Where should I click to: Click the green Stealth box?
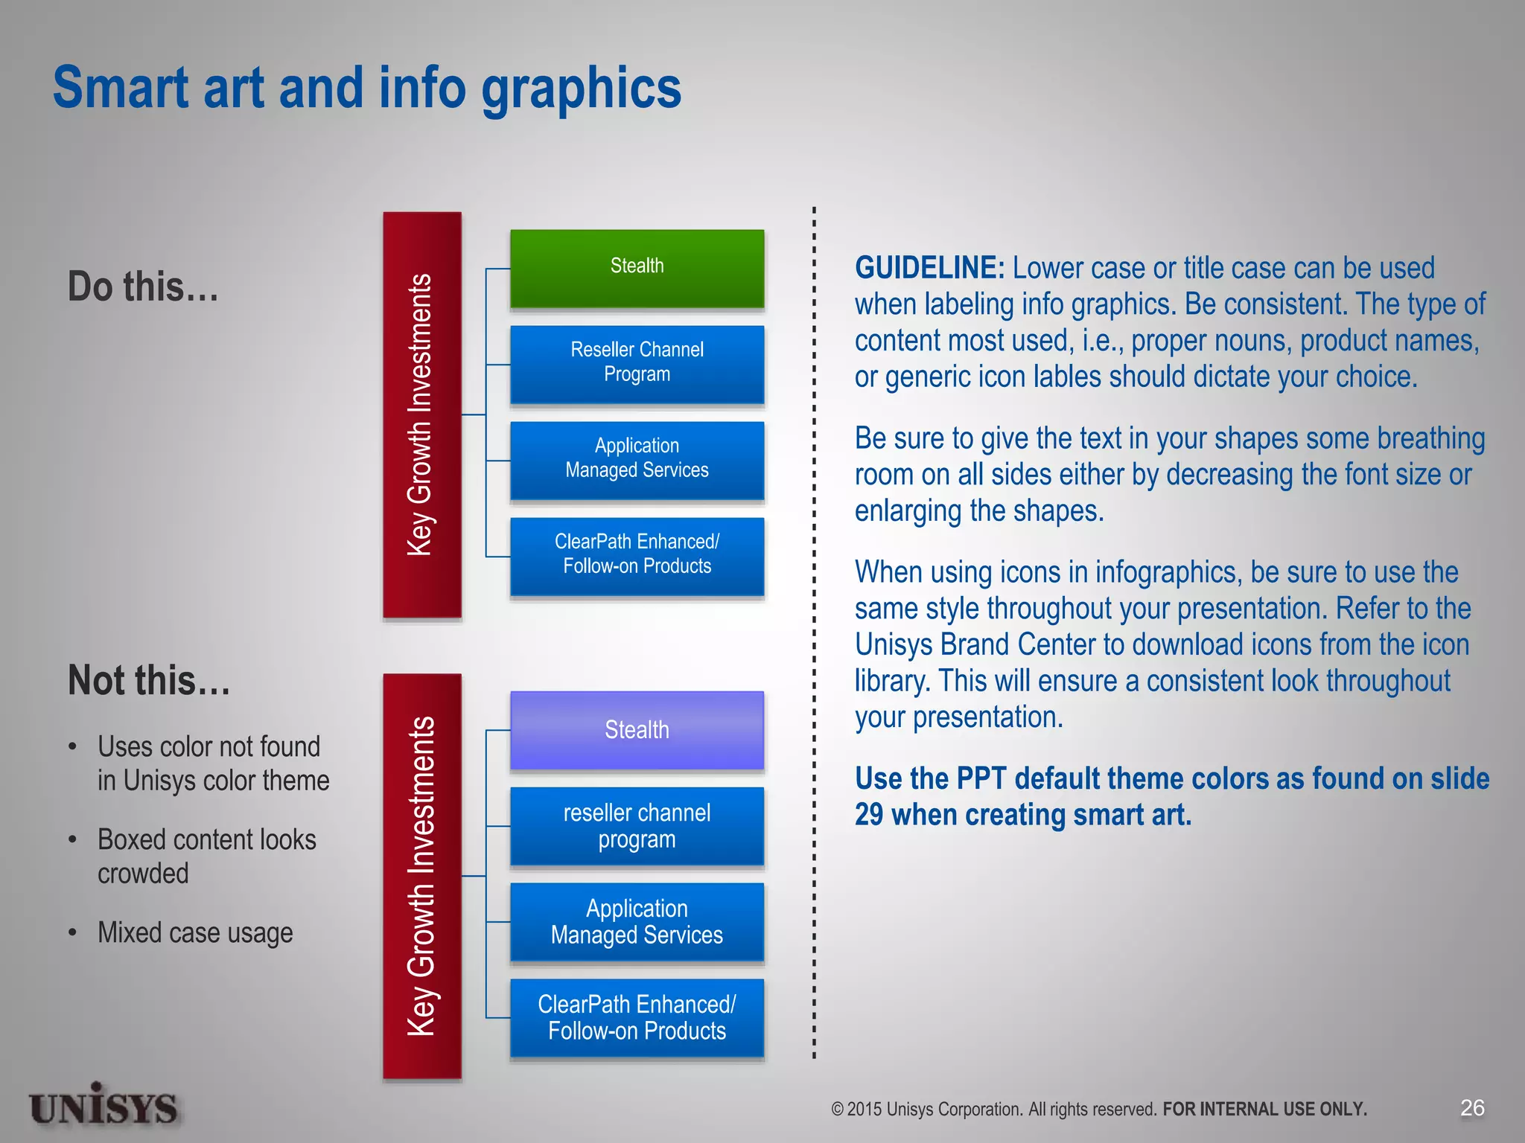(x=637, y=268)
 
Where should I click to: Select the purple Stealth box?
(x=637, y=730)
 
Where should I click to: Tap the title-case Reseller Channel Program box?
(x=637, y=364)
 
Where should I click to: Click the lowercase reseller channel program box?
(x=637, y=826)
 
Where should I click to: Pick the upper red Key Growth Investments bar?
(x=421, y=414)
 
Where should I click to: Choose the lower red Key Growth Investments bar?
(x=421, y=876)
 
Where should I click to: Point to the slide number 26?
(x=1472, y=1108)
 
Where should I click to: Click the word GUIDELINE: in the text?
(x=929, y=268)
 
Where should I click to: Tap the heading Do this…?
(x=143, y=287)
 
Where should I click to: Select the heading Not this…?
(x=149, y=681)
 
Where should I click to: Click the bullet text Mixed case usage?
(x=195, y=932)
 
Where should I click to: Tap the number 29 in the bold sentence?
(x=869, y=815)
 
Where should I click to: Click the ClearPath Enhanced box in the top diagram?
(x=637, y=555)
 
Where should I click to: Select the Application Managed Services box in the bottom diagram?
(x=637, y=922)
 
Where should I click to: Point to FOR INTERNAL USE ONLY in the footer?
(x=1264, y=1110)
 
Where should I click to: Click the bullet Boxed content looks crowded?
(x=206, y=856)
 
